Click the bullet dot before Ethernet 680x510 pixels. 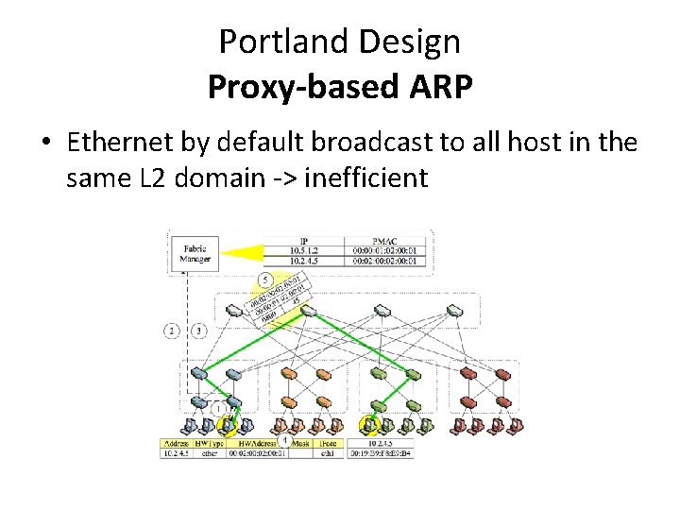[45, 144]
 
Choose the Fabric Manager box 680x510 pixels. [195, 252]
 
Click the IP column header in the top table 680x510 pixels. [302, 240]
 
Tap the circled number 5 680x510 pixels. [265, 280]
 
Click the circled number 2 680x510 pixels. [172, 331]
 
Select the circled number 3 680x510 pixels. [199, 331]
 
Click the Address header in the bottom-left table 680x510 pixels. [178, 442]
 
